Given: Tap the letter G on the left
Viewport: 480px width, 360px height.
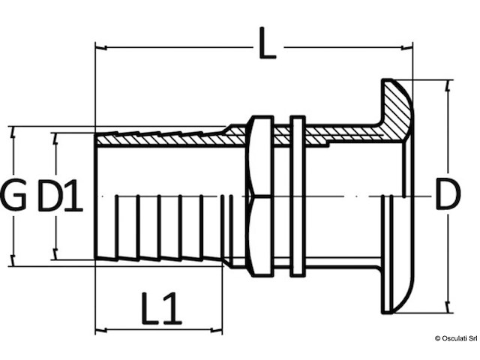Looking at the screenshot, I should (13, 196).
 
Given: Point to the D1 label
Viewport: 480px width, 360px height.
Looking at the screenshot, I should (60, 196).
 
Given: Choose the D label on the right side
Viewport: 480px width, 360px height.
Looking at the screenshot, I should (448, 196).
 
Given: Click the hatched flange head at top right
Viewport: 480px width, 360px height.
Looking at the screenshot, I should (395, 112).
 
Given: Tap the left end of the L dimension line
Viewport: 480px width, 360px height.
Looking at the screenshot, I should (96, 47).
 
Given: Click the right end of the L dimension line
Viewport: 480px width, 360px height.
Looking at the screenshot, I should (412, 47).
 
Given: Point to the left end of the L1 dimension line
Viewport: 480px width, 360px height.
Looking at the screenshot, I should (96, 328).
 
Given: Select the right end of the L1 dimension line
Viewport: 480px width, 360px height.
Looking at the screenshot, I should (222, 328).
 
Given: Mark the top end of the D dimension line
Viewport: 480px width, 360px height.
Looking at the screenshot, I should (448, 80).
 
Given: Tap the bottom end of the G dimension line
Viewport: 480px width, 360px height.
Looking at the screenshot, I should (13, 265).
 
